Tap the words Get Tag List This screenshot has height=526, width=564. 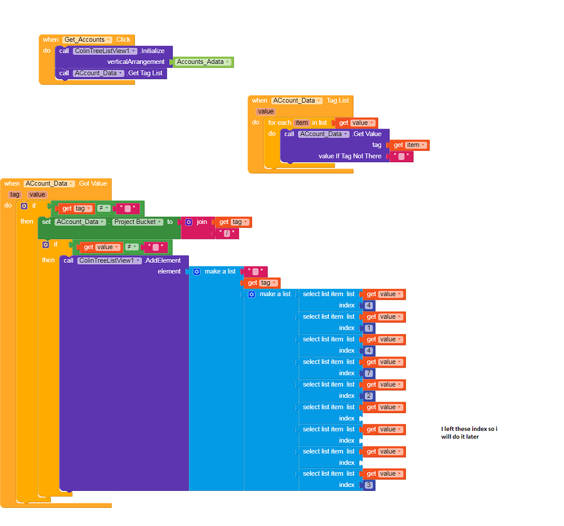click(145, 73)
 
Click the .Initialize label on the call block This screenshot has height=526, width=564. click(152, 51)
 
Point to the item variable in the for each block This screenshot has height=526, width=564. click(301, 123)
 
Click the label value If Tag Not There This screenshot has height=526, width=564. click(350, 156)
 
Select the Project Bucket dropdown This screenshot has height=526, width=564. click(138, 222)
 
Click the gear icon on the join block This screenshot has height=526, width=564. click(189, 222)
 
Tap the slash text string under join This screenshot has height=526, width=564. click(227, 234)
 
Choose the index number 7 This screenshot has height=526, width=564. click(368, 374)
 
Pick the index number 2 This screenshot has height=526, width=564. click(368, 396)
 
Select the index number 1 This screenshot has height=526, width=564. click(368, 328)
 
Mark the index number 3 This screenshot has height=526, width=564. click(368, 485)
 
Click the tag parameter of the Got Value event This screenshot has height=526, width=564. click(15, 194)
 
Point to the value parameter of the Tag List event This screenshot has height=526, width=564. click(265, 112)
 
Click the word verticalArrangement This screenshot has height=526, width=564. click(135, 62)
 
